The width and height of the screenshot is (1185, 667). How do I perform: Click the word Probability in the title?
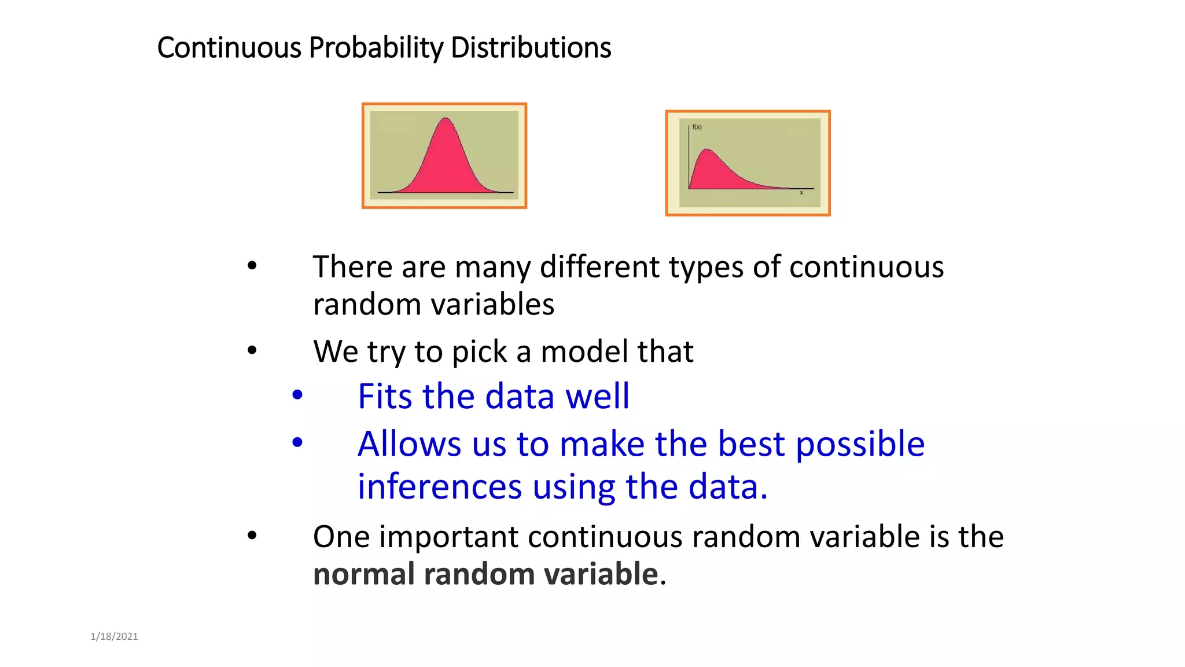coord(376,48)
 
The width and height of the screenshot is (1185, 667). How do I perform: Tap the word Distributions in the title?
coord(531,48)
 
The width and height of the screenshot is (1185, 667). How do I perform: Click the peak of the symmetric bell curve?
coord(446,119)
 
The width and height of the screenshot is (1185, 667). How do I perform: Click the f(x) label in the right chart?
coord(697,127)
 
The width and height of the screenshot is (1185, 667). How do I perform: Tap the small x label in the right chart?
coord(801,193)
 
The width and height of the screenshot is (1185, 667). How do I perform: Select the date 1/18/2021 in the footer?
coord(114,636)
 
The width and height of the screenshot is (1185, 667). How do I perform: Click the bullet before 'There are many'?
coord(252,266)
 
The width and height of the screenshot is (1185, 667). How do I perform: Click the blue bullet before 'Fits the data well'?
coord(297,395)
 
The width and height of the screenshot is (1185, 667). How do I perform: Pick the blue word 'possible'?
coord(860,445)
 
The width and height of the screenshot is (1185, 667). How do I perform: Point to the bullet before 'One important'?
coord(252,536)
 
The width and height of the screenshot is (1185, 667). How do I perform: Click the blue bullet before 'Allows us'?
coord(297,443)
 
